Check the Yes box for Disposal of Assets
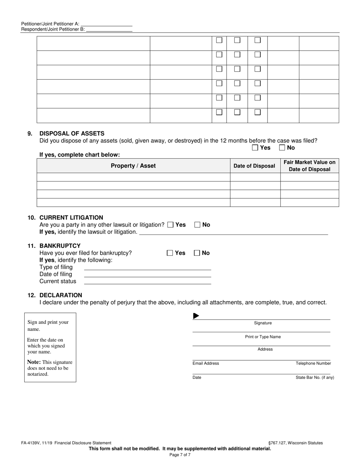point(255,148)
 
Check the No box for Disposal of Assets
point(282,148)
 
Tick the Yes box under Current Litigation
point(171,225)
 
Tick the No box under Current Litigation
point(197,225)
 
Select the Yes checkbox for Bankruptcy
point(170,253)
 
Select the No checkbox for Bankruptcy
point(197,253)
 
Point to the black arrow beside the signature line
point(196,316)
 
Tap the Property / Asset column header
point(133,166)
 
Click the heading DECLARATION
point(61,295)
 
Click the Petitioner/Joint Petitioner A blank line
point(106,23)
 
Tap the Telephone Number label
point(313,363)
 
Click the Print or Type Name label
point(263,337)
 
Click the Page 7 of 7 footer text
point(180,455)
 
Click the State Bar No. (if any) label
point(315,378)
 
